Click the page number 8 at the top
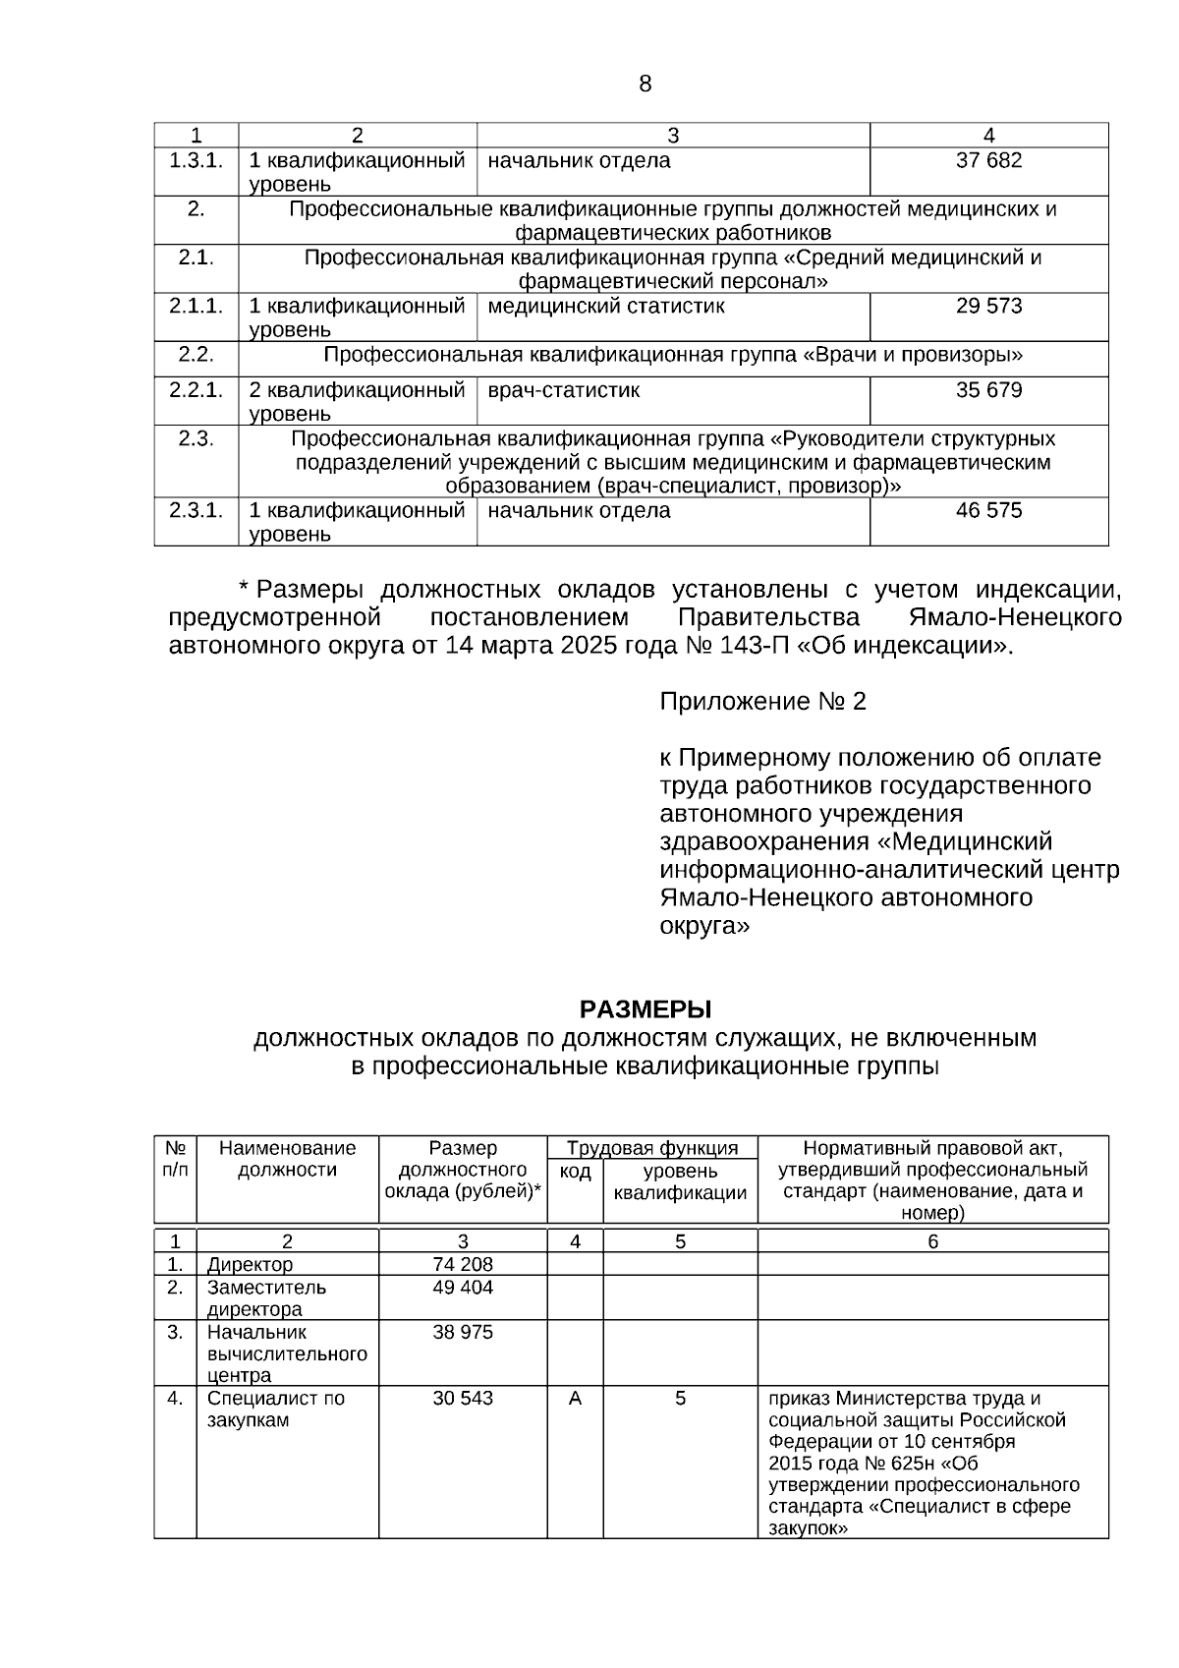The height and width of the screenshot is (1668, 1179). point(645,84)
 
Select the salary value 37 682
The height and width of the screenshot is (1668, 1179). point(988,160)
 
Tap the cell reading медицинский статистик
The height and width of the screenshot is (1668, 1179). point(606,306)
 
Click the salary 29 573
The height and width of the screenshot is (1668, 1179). point(988,306)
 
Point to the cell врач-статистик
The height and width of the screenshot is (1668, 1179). point(563,390)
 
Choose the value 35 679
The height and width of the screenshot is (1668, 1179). point(988,390)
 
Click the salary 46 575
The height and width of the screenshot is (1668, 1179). point(988,510)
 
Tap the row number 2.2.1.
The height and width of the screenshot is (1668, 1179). point(196,390)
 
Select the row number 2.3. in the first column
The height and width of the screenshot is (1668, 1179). point(196,438)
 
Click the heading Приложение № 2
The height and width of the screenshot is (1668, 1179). point(762,702)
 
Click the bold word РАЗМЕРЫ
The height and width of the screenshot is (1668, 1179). point(645,1009)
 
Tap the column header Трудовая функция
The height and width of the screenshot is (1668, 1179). point(652,1148)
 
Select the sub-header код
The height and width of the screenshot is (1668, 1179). point(575,1172)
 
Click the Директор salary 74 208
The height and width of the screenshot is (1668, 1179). point(463,1264)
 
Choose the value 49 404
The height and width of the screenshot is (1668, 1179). point(463,1288)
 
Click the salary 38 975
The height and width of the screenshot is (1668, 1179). point(463,1333)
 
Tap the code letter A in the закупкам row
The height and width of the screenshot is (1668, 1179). point(575,1398)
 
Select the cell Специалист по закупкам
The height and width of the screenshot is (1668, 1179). point(275,1409)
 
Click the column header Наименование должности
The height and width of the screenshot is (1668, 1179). point(287,1159)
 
